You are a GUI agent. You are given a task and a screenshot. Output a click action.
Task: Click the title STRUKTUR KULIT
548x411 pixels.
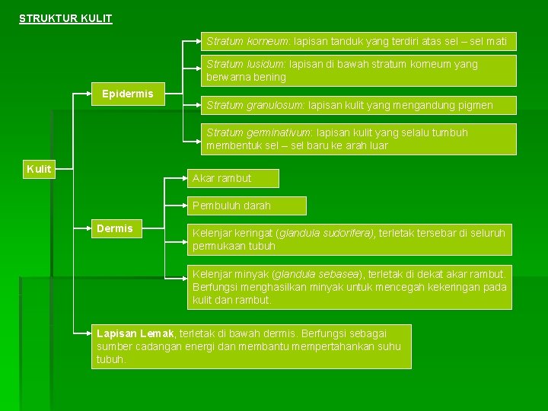[x=65, y=18]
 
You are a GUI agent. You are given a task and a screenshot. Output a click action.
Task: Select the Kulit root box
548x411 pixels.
[x=39, y=169]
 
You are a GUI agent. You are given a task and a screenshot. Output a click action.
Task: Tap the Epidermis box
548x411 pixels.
[x=127, y=94]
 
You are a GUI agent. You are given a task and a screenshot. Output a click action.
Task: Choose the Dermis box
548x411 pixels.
[x=114, y=228]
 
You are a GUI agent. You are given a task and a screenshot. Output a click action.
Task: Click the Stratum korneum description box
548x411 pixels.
[x=358, y=41]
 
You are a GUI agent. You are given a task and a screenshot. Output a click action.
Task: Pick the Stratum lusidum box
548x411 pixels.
[x=358, y=70]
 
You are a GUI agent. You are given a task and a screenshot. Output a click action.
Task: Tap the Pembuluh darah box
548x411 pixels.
[x=247, y=205]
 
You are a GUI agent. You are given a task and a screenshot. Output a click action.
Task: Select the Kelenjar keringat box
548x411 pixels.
[x=349, y=239]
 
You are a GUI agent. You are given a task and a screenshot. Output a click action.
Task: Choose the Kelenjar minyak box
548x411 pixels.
[x=349, y=287]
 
